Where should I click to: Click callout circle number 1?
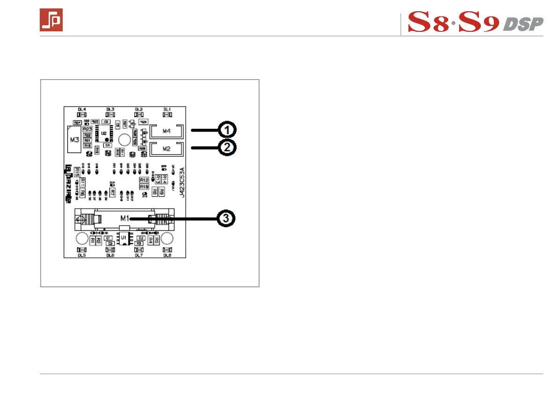(x=228, y=129)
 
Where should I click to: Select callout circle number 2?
(x=228, y=147)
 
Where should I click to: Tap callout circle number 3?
(x=228, y=219)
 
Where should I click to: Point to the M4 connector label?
(x=167, y=131)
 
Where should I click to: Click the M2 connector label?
(x=167, y=148)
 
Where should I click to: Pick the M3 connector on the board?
(x=74, y=139)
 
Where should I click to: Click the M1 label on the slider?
(x=124, y=218)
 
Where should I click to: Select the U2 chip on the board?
(x=103, y=133)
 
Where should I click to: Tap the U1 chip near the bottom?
(x=124, y=238)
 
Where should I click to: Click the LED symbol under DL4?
(x=81, y=115)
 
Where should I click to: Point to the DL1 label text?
(x=167, y=109)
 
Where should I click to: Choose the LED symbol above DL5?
(x=81, y=250)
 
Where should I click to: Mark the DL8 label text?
(x=167, y=255)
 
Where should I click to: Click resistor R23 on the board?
(x=87, y=129)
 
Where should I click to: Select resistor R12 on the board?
(x=144, y=180)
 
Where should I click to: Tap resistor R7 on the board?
(x=112, y=192)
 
